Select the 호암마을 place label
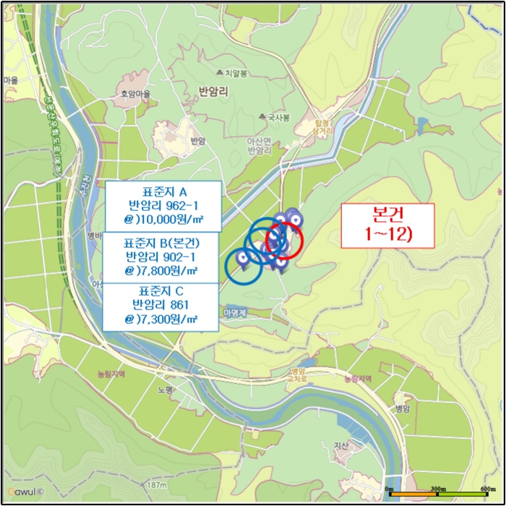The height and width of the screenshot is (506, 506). (135, 94)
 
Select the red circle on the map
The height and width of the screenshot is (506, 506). (285, 239)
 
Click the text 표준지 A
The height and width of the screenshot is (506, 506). (165, 192)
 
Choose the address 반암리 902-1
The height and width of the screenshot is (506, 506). (160, 256)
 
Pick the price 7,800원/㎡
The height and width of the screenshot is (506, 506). (162, 271)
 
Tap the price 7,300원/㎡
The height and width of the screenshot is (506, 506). (161, 319)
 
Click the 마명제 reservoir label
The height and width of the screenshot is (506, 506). (236, 312)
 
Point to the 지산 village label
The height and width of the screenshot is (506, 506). (341, 446)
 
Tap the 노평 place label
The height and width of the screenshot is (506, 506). (164, 389)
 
